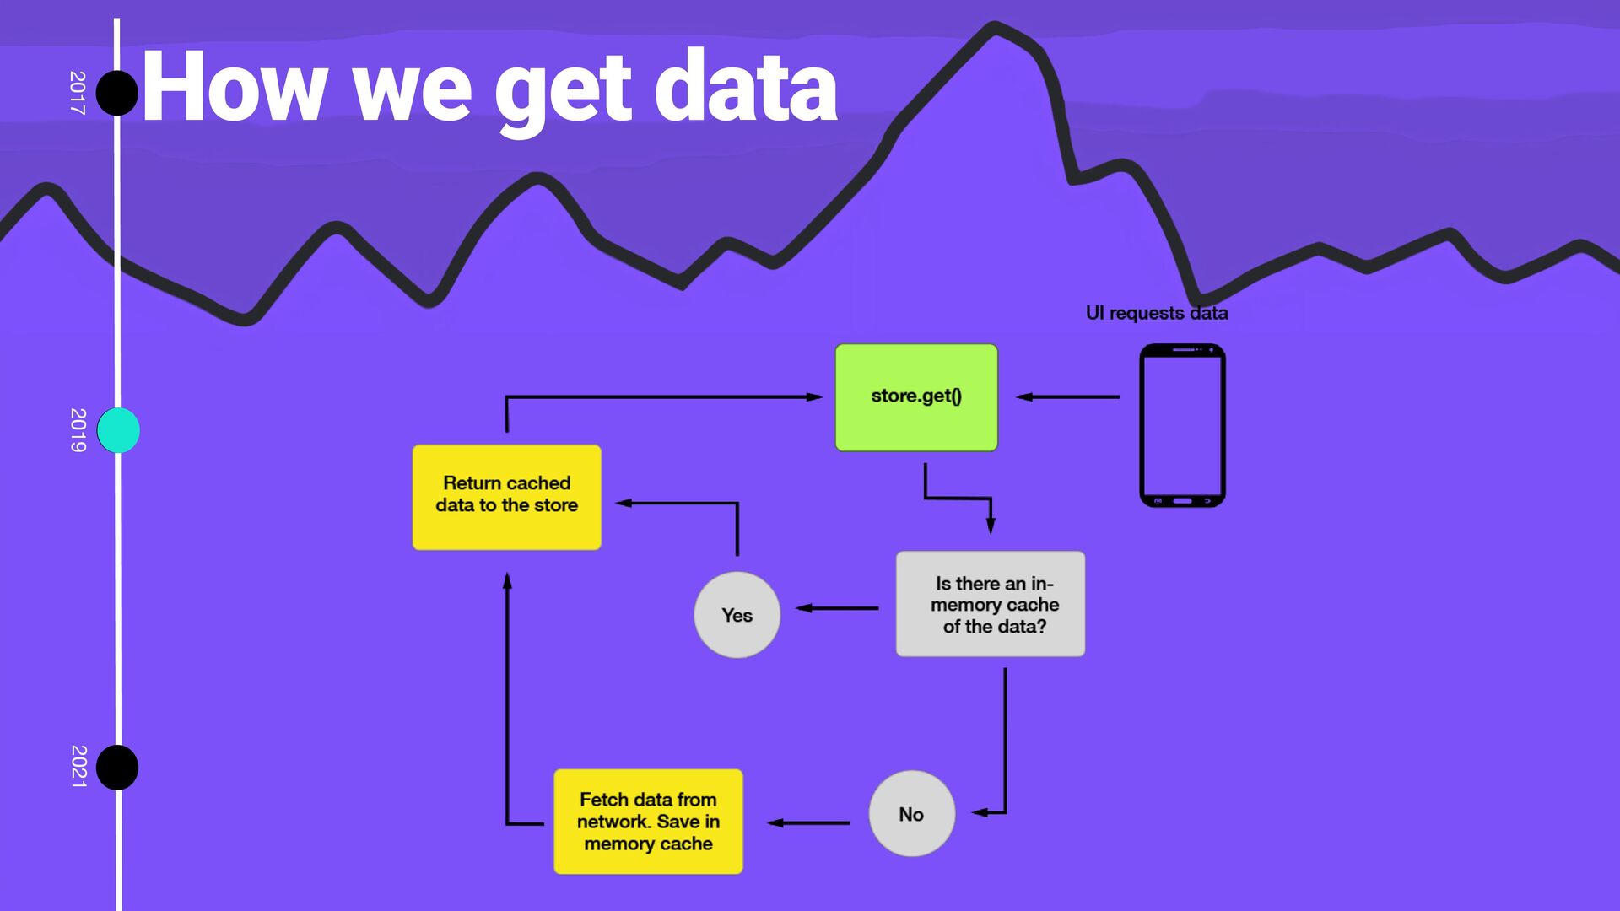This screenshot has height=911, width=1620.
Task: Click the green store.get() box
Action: [916, 397]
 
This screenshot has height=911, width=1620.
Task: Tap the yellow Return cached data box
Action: [506, 497]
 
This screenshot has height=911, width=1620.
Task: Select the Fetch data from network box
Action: [648, 822]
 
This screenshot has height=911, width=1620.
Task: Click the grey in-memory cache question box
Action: [991, 604]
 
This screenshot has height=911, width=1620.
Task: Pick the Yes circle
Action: [737, 615]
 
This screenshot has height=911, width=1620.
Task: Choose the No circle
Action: [911, 814]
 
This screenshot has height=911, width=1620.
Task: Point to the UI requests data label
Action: [1156, 313]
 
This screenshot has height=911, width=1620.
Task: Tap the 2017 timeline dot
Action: [117, 93]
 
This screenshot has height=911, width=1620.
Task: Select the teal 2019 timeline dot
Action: [118, 430]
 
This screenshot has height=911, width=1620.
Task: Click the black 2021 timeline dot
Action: [117, 768]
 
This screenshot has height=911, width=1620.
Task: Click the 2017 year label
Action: [78, 93]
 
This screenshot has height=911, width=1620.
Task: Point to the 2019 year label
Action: [78, 430]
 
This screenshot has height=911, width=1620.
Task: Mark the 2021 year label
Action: [78, 767]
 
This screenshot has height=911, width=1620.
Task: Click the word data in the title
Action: [746, 88]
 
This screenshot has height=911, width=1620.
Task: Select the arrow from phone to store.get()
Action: [1067, 396]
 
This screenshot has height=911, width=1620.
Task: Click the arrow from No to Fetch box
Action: [808, 822]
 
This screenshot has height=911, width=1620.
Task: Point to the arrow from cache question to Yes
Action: [837, 607]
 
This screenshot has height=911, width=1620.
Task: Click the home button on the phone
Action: [1182, 501]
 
